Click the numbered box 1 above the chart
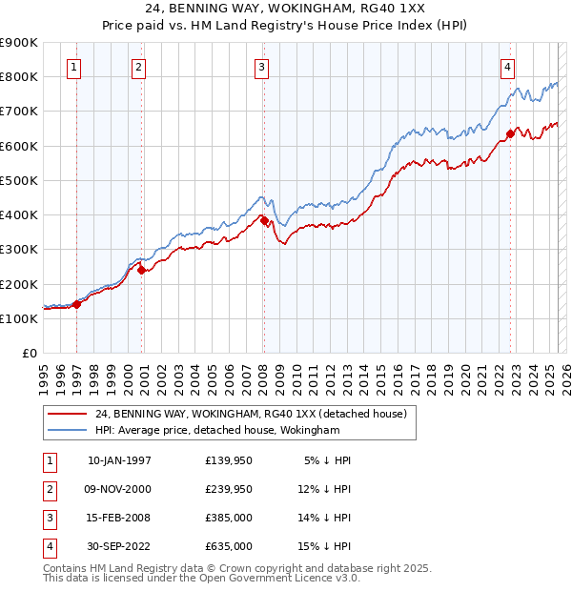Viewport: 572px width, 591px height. [x=74, y=67]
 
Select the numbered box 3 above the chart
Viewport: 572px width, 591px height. [x=261, y=67]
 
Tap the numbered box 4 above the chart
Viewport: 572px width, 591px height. [x=508, y=67]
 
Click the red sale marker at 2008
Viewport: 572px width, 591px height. [x=264, y=220]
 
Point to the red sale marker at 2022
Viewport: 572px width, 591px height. [x=510, y=134]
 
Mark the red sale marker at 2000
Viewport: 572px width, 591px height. [x=141, y=270]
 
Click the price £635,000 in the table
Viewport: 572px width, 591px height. [x=229, y=546]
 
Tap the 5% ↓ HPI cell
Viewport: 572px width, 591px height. [x=328, y=460]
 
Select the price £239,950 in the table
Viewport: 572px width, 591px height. [x=229, y=490]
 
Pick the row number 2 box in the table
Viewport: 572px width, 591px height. [x=48, y=490]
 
